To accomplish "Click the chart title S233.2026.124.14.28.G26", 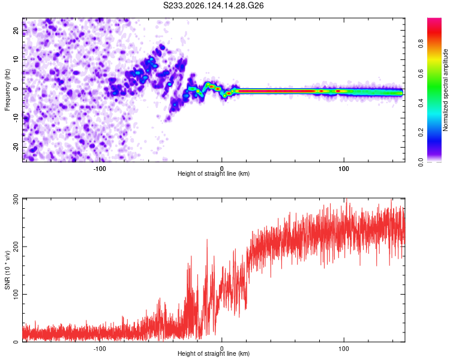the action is click(x=213, y=5).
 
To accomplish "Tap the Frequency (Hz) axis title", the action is click(x=7, y=90).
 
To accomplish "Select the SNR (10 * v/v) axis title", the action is click(x=7, y=270).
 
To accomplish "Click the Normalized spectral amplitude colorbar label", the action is click(x=445, y=90).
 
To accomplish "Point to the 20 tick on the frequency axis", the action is click(x=16, y=30).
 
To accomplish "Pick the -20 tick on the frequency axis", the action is click(x=16, y=147).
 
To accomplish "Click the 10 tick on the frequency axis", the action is click(x=16, y=59).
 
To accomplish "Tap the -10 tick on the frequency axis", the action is click(x=16, y=118).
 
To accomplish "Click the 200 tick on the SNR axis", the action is click(x=16, y=247).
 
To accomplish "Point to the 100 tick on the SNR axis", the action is click(x=16, y=294).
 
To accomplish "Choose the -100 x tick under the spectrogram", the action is click(x=100, y=169).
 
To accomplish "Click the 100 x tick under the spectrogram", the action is click(x=344, y=169).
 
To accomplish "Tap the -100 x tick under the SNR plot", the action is click(x=100, y=349).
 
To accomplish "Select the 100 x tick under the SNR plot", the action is click(x=344, y=349).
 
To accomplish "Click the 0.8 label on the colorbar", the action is click(x=421, y=44).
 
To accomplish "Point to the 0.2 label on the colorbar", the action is click(x=421, y=132).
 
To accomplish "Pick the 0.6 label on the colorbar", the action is click(x=421, y=73).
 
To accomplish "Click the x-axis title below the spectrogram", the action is click(x=214, y=173).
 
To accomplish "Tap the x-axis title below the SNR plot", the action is click(x=214, y=353).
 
